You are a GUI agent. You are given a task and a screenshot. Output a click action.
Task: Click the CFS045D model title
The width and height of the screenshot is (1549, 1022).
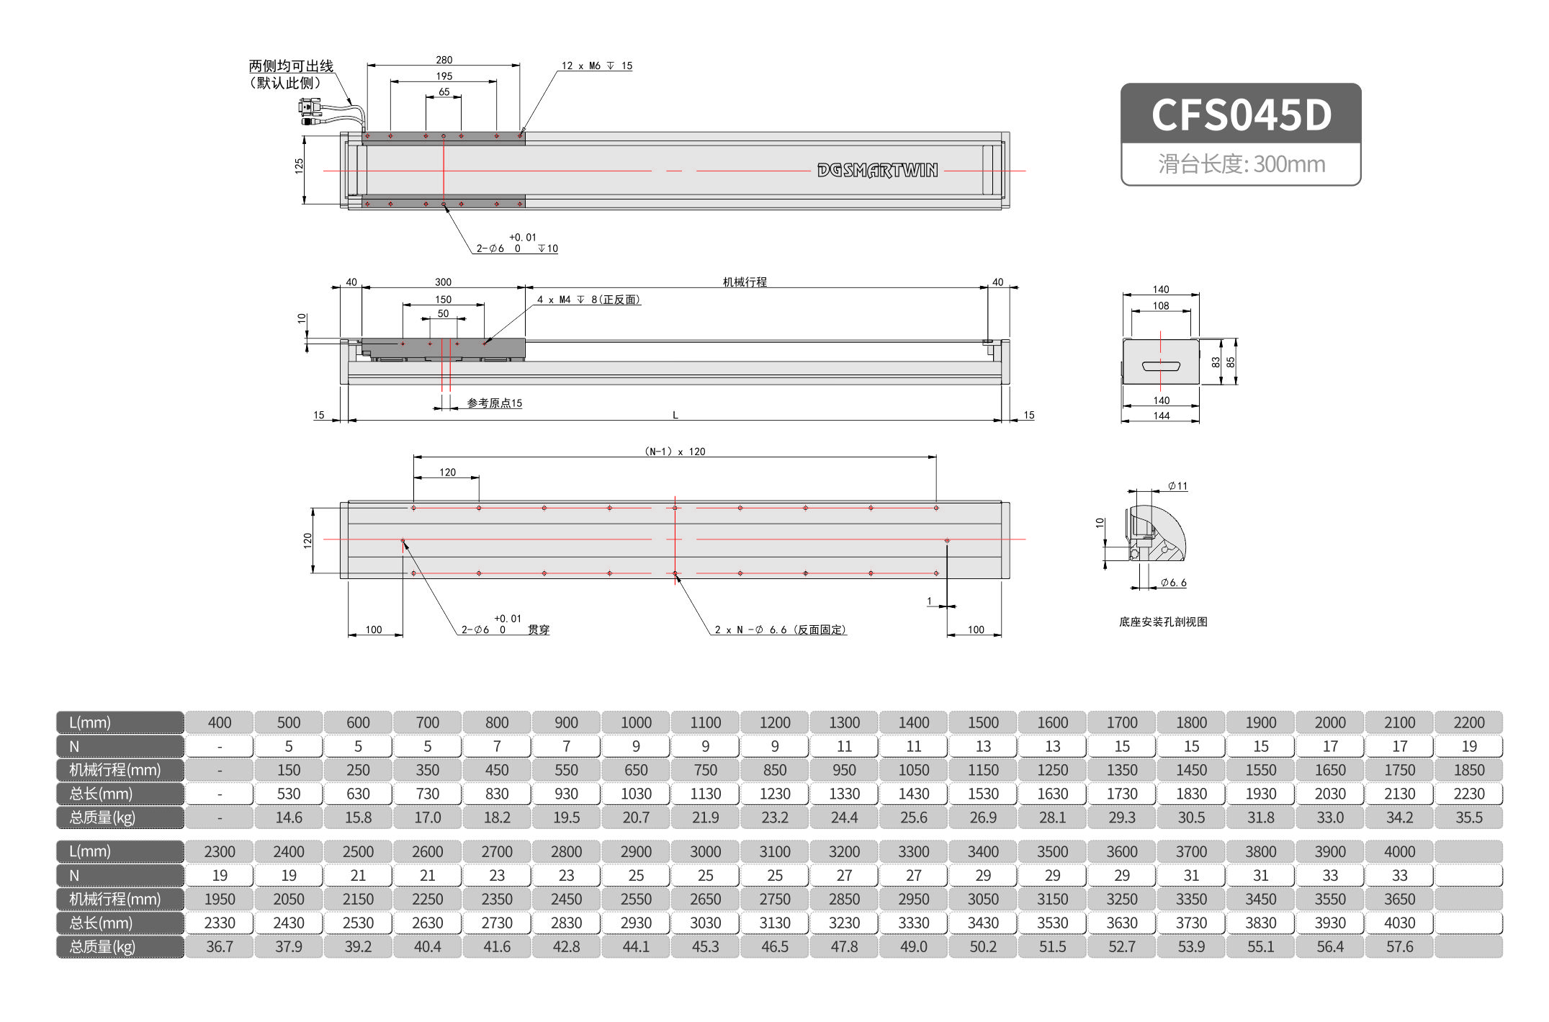click(1241, 115)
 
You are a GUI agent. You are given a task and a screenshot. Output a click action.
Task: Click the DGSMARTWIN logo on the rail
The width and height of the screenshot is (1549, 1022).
click(877, 171)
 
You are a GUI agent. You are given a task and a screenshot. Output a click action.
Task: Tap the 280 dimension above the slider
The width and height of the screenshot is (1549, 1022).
click(444, 60)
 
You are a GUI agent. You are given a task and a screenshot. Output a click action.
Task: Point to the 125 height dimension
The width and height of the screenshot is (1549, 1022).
click(299, 166)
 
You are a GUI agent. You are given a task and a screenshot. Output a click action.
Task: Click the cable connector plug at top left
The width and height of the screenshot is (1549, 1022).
click(310, 109)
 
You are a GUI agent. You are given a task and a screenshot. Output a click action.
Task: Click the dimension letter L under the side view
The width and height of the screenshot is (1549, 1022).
click(675, 415)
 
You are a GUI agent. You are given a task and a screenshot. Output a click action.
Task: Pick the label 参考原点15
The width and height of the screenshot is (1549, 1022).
click(494, 403)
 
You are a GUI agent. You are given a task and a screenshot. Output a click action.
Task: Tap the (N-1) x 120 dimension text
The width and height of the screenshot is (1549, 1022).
click(675, 452)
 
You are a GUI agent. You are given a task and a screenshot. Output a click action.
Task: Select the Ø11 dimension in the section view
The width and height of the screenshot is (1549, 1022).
click(1177, 486)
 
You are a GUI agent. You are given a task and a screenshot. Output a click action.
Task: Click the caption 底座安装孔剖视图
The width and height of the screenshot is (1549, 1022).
click(1162, 622)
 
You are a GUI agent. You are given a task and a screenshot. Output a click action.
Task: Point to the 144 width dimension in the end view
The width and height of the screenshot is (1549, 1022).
click(1161, 416)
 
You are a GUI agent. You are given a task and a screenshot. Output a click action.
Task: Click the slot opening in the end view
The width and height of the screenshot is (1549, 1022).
click(1161, 366)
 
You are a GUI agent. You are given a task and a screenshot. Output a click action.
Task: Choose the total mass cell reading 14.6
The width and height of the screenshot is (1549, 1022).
click(289, 817)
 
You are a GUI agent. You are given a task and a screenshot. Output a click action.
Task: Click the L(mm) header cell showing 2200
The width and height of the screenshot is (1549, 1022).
click(1468, 722)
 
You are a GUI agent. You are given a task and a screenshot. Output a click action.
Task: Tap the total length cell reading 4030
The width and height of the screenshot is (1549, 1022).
click(1399, 923)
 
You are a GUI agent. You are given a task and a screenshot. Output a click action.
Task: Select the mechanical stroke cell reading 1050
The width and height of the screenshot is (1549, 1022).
click(913, 770)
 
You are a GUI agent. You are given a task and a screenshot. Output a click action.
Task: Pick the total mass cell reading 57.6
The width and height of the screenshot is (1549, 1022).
click(1399, 946)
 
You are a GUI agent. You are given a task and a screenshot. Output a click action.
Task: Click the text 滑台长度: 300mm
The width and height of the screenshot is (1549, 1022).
click(1241, 164)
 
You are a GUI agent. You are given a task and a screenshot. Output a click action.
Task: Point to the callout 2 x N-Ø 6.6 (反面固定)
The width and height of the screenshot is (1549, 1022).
click(780, 629)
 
